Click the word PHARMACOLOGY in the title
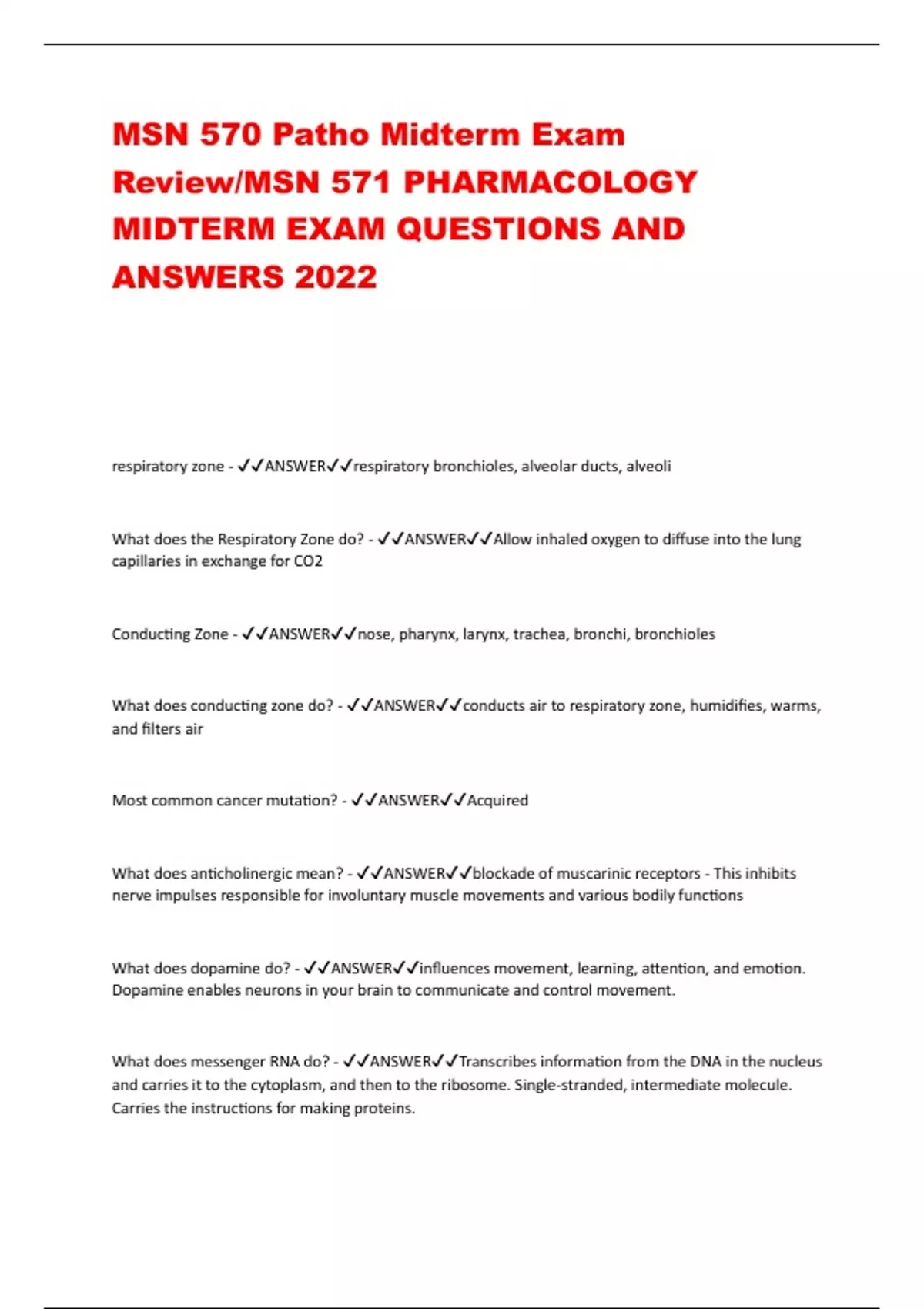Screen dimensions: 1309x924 coord(551,182)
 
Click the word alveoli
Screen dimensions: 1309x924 coord(648,466)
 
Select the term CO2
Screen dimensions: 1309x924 coord(308,561)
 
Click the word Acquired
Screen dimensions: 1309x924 coord(497,800)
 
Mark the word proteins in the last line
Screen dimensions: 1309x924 coord(389,1109)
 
